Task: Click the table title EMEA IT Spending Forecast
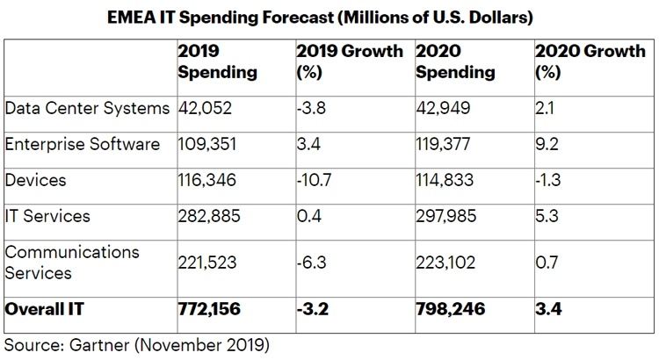click(329, 17)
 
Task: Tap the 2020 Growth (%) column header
click(589, 61)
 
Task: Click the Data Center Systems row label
click(87, 108)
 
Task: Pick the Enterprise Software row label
click(83, 143)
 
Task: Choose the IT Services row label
click(47, 215)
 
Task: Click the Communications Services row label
click(72, 262)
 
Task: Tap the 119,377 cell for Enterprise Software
click(446, 143)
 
